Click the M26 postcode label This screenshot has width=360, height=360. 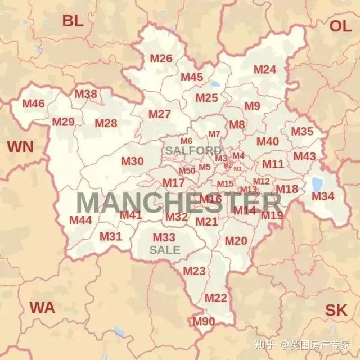[161, 58]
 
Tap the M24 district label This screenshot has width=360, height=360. [264, 70]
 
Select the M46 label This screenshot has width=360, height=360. [33, 103]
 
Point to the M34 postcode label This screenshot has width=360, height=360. [323, 196]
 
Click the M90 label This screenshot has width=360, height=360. [204, 322]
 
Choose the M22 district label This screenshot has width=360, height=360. [215, 298]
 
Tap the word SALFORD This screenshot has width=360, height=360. [193, 151]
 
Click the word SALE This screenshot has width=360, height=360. [165, 250]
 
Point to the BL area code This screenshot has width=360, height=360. [73, 21]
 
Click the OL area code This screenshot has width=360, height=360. [340, 26]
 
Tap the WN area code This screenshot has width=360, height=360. [20, 147]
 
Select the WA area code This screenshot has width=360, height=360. [42, 308]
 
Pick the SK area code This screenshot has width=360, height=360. [336, 310]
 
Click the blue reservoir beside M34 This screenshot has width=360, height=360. [317, 184]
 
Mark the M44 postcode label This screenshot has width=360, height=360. [80, 220]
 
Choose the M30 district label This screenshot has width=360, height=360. [132, 161]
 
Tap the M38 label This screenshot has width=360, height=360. [86, 94]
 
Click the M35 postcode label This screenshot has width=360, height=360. [302, 132]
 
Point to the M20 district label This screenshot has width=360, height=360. [236, 241]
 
